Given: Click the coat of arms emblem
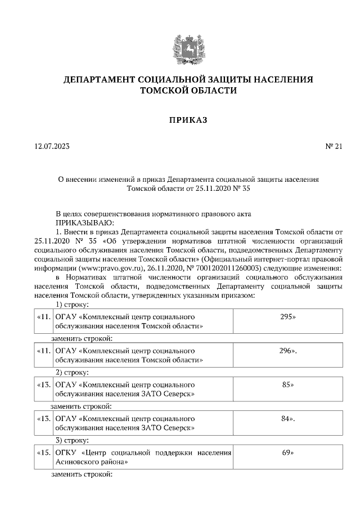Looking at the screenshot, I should (x=181, y=48).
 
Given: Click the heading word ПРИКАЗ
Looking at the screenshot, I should (x=181, y=119).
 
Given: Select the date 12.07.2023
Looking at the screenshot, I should (x=52, y=147).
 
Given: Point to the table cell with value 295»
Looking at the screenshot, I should (x=287, y=317).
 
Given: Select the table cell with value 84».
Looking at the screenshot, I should (x=287, y=419).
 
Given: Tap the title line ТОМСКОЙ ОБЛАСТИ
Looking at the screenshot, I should (x=181, y=91).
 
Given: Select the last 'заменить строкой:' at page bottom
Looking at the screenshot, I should (x=82, y=475).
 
